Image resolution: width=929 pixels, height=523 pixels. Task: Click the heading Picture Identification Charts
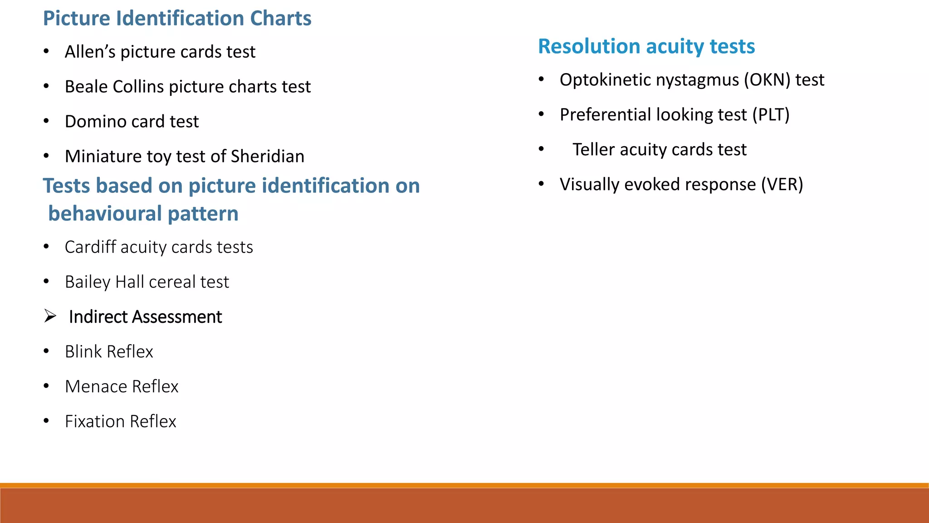[177, 19]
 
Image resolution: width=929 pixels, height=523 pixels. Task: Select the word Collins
[138, 87]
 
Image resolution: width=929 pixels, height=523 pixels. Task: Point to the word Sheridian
[267, 157]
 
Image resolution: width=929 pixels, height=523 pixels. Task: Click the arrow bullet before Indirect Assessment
[50, 316]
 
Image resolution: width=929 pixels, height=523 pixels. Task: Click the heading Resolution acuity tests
[646, 47]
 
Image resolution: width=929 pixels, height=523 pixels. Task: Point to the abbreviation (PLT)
[771, 115]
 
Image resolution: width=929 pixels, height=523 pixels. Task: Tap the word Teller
[593, 150]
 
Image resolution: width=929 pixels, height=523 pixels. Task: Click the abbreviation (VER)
[782, 185]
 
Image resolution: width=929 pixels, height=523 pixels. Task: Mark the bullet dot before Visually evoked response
[541, 184]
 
